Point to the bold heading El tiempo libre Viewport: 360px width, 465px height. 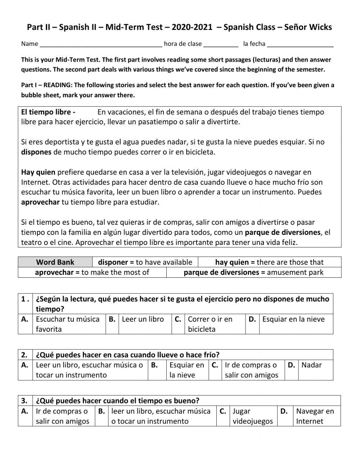[48, 112]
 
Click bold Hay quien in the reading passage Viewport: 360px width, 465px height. [38, 172]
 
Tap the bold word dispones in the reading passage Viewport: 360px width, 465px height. [36, 152]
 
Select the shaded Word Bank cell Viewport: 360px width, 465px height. [55, 262]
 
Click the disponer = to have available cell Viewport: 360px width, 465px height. [145, 262]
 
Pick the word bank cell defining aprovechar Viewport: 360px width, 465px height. [92, 272]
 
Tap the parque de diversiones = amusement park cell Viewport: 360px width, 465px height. [253, 272]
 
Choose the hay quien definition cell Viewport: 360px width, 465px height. [269, 262]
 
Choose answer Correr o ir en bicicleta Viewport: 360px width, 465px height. [210, 324]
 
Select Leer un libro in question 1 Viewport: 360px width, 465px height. [143, 319]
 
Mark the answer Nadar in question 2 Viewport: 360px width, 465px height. [311, 365]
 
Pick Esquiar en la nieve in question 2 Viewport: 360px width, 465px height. [186, 370]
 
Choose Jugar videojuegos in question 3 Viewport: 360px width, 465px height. [252, 416]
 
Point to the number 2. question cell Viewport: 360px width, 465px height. [24, 355]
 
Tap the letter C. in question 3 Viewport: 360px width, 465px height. [223, 411]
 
